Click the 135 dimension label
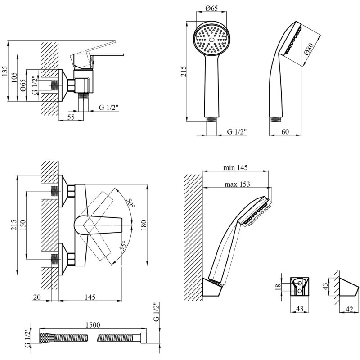pos(5,70)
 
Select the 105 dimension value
pos(14,77)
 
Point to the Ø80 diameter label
pos(309,53)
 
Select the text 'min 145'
pos(236,167)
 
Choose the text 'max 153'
pos(237,184)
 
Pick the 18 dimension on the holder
pos(278,286)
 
